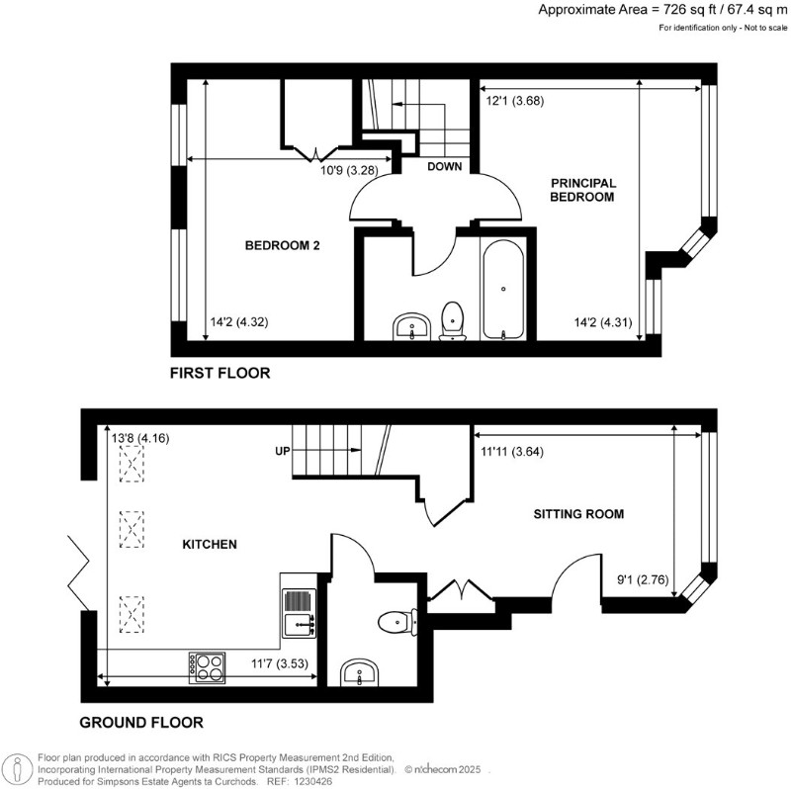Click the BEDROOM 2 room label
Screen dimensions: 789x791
coord(282,246)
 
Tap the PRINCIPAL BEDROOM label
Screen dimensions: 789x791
coord(583,190)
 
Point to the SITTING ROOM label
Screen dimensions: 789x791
coord(578,514)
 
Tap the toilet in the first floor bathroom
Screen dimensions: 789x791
coord(453,320)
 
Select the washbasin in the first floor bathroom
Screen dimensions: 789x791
coord(408,325)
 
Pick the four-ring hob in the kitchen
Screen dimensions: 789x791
coord(206,667)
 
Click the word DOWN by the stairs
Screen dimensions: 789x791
coord(444,167)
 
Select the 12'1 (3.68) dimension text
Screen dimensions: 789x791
coord(515,101)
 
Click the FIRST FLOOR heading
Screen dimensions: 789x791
coord(220,374)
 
